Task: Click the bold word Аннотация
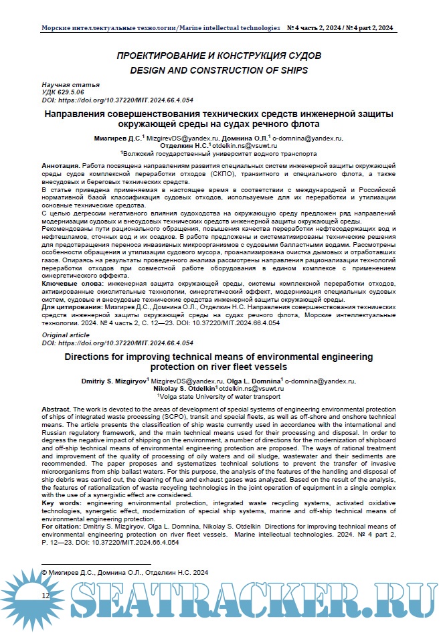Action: pos(60,165)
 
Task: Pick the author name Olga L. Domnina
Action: pos(249,380)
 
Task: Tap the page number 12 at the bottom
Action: pos(46,595)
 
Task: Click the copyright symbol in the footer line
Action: pos(46,573)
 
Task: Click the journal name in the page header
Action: pos(161,29)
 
